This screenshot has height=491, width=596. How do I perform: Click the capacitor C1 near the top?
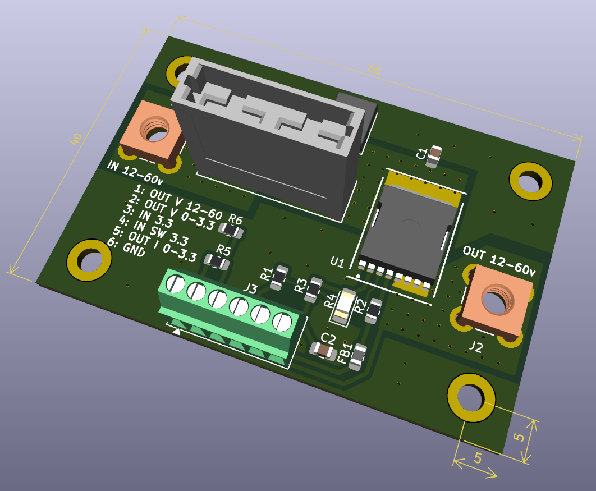click(x=434, y=157)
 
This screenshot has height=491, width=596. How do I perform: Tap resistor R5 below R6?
click(x=217, y=261)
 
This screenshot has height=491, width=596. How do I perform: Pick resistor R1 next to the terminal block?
click(x=279, y=278)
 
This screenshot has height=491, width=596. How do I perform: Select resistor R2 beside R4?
click(x=373, y=311)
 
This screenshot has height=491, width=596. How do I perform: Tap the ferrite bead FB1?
click(x=357, y=357)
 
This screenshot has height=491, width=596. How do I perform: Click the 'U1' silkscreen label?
click(x=337, y=261)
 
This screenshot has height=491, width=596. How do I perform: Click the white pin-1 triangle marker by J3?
click(x=177, y=332)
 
